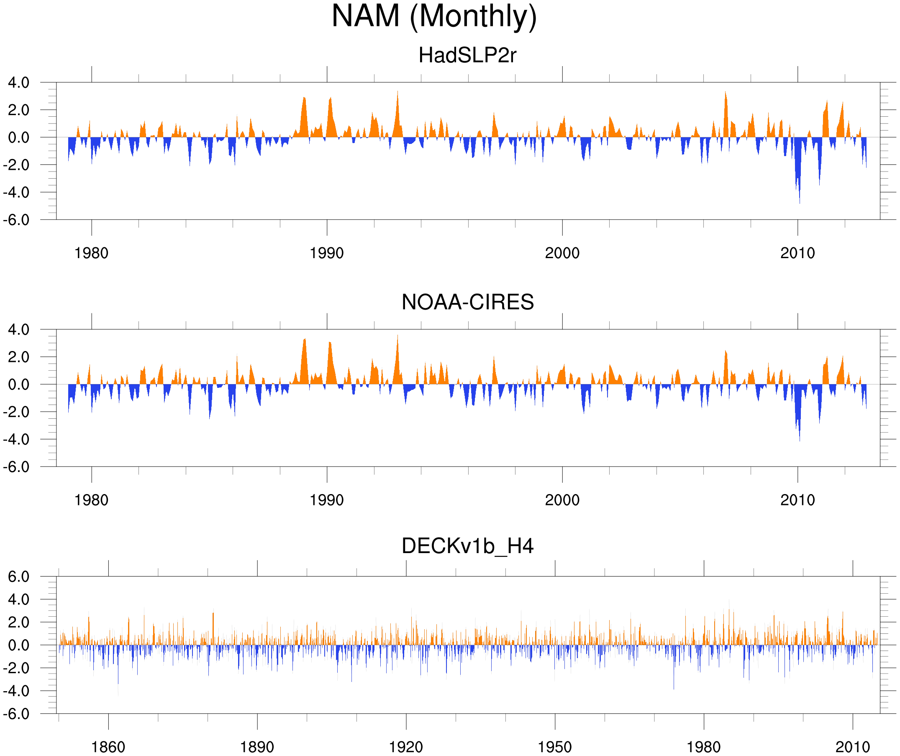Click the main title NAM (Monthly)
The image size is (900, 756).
[434, 16]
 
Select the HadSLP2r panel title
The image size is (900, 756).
[467, 55]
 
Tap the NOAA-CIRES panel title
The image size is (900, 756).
[467, 302]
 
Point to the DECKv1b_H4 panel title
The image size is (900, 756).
[467, 546]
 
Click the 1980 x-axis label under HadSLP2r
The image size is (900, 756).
[91, 253]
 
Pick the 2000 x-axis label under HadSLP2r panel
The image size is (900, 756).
[562, 253]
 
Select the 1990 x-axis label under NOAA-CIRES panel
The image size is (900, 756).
[327, 500]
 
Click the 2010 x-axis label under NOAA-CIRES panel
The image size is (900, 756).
[797, 500]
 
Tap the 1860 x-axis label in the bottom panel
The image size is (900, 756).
[108, 747]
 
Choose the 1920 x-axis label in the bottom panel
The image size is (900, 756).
[405, 747]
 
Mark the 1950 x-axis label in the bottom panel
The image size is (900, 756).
[554, 747]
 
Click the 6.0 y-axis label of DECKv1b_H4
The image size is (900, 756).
[19, 577]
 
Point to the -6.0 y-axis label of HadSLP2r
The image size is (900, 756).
[16, 220]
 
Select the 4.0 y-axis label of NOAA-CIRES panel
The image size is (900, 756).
[19, 330]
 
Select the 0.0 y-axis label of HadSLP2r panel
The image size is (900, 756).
[19, 138]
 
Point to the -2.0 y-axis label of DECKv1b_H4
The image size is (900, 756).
[16, 668]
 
